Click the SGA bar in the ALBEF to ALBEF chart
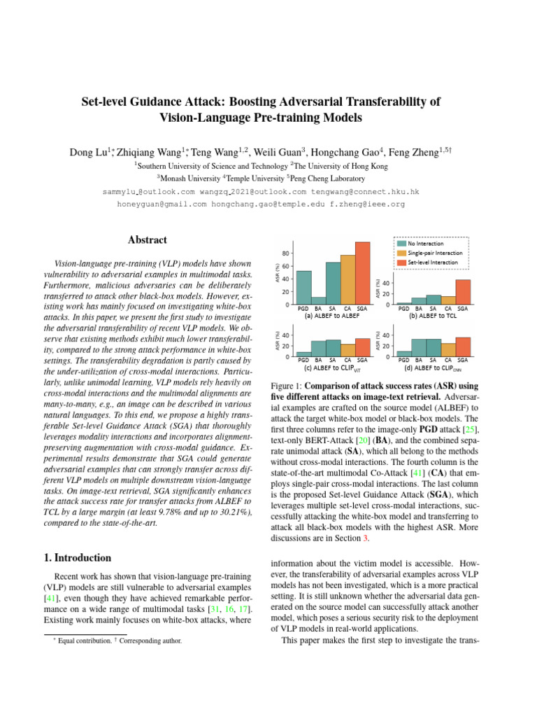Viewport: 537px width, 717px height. [x=362, y=273]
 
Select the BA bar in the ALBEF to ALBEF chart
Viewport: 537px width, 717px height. [x=319, y=301]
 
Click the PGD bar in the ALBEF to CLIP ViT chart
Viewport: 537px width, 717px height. [x=303, y=354]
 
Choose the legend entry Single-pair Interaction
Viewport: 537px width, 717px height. [x=431, y=252]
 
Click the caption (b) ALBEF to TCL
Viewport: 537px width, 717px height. [x=434, y=316]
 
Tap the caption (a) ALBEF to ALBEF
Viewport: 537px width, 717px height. [x=332, y=316]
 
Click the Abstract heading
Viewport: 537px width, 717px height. [x=148, y=240]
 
